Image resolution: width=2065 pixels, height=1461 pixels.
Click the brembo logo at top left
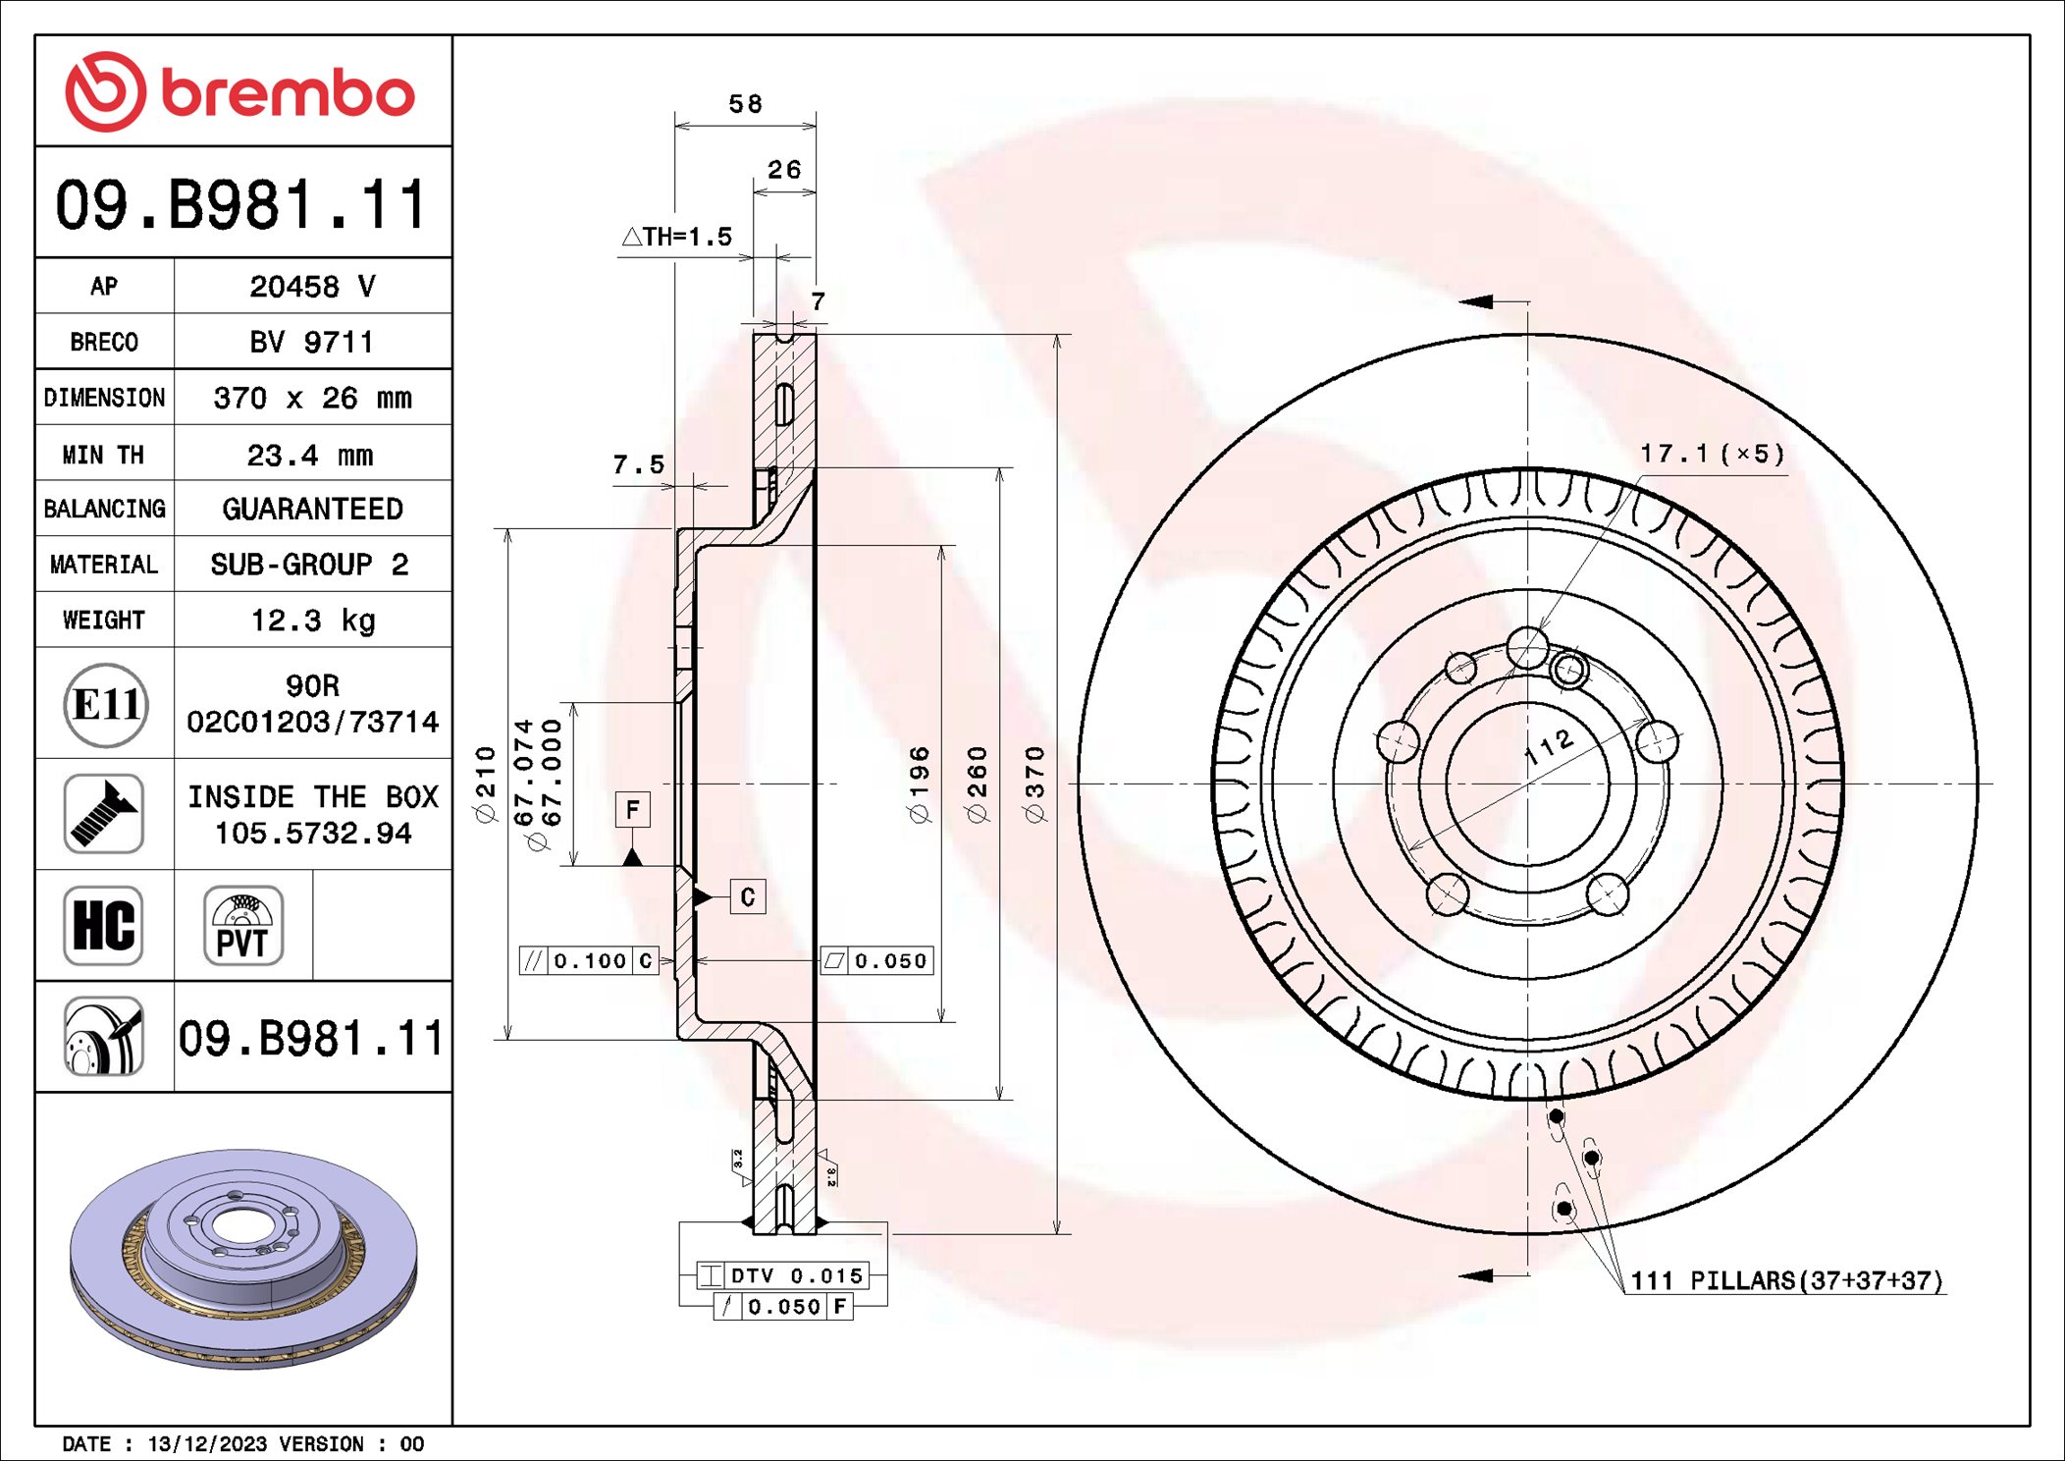click(x=240, y=92)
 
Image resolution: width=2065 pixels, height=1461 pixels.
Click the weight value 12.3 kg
click(x=313, y=621)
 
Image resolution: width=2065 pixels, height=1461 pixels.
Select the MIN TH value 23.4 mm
click(x=310, y=455)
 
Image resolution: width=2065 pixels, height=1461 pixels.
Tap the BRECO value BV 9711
click(x=311, y=342)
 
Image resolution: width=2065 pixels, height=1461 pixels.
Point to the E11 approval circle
click(x=106, y=704)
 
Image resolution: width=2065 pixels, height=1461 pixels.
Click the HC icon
click(x=103, y=926)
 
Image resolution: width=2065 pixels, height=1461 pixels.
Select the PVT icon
click(x=242, y=926)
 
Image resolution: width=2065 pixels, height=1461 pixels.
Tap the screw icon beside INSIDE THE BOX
click(x=103, y=814)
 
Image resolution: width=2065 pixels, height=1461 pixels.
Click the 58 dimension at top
click(x=745, y=104)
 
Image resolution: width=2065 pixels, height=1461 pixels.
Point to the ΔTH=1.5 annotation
click(x=677, y=237)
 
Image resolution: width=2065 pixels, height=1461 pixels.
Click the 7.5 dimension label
click(x=638, y=464)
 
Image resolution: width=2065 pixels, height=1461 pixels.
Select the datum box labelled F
click(x=633, y=810)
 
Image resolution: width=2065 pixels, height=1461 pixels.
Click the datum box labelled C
click(x=748, y=896)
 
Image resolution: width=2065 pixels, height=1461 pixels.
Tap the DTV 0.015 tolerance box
click(x=783, y=1275)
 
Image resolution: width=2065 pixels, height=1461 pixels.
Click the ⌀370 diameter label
click(x=1034, y=784)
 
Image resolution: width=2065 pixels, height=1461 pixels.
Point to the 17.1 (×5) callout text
click(x=1712, y=454)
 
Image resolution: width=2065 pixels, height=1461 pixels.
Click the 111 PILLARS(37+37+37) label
click(x=1785, y=1280)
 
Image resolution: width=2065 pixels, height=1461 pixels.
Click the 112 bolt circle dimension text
click(x=1549, y=748)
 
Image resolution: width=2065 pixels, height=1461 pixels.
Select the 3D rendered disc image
click(x=243, y=1259)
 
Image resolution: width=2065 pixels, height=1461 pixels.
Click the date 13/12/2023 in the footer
click(x=207, y=1443)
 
